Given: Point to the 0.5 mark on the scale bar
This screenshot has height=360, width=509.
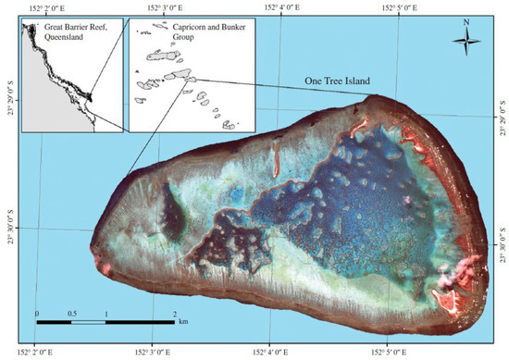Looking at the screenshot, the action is click(73, 315).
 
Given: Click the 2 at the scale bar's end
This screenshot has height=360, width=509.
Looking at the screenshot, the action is click(175, 315).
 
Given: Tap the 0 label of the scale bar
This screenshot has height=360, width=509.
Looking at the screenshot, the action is click(37, 315).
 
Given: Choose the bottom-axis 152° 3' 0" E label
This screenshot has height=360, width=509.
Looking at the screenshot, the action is click(162, 353).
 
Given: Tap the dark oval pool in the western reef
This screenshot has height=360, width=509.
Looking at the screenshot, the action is click(172, 215).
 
